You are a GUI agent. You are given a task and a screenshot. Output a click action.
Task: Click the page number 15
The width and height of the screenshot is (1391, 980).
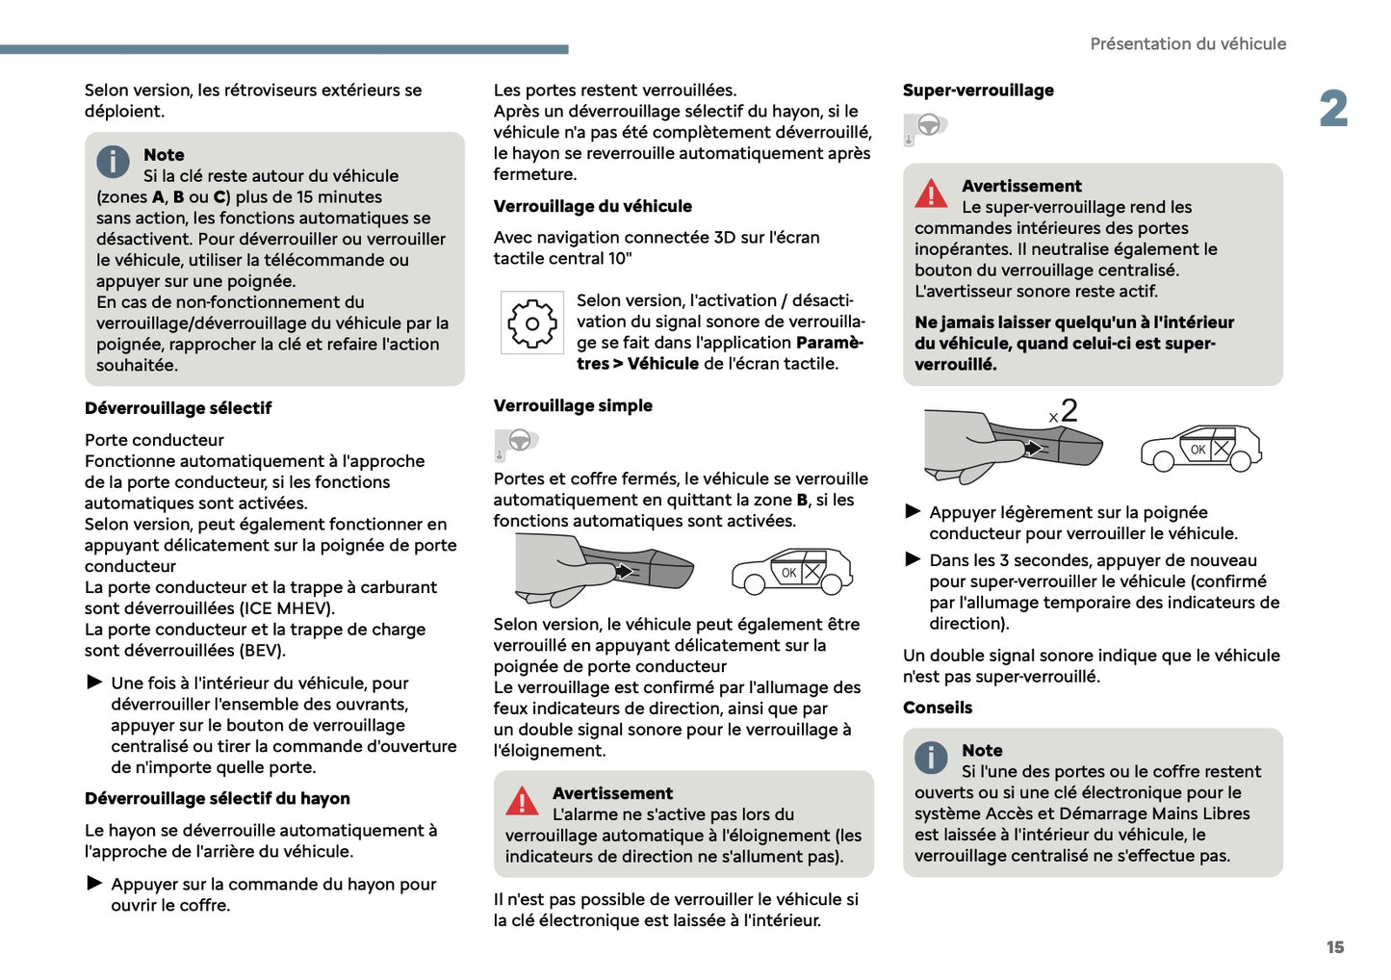click(1334, 947)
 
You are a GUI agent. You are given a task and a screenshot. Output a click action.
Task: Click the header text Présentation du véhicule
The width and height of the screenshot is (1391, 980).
click(1187, 44)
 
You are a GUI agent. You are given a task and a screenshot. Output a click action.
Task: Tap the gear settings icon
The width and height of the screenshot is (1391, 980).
click(531, 323)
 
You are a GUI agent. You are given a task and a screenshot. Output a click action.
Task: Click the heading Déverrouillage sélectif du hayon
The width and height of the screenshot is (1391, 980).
click(217, 798)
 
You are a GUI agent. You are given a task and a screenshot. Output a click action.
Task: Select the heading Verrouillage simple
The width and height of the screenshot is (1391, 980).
click(573, 405)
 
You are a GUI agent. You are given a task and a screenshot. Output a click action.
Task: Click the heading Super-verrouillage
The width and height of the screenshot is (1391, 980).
click(978, 90)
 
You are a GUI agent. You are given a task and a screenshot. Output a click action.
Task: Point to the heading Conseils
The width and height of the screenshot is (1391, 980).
click(937, 708)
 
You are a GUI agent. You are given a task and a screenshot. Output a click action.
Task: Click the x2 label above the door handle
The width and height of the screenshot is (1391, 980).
click(1064, 412)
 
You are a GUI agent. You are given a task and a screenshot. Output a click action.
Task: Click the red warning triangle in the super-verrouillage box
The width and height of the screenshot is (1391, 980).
click(931, 194)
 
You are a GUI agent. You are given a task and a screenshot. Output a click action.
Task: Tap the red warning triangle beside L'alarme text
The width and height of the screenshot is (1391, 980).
click(522, 802)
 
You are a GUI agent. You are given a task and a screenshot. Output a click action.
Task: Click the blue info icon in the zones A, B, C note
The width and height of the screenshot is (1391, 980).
click(113, 162)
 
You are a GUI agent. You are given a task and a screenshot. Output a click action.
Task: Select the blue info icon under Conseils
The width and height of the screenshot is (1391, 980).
click(931, 758)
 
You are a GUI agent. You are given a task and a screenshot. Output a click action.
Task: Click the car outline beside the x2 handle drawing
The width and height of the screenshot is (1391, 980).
click(1200, 448)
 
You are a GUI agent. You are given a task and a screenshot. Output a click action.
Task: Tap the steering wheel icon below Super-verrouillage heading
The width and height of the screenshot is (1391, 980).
click(928, 125)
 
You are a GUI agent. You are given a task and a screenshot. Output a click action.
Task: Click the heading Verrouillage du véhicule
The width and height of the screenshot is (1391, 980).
click(592, 206)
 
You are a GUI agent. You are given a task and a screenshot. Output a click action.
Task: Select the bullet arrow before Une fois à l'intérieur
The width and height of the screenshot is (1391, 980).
click(94, 683)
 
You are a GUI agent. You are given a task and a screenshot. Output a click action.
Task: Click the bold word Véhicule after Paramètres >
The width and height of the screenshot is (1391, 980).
click(662, 364)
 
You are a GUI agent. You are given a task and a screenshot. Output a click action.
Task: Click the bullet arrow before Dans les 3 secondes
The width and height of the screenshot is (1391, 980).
click(913, 559)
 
